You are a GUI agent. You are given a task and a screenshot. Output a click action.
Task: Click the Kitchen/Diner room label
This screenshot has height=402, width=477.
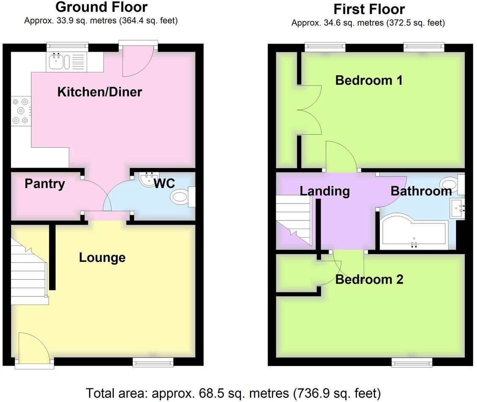pos(100,91)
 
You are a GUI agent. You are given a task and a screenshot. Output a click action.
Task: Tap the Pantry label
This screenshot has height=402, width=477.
pos(45,184)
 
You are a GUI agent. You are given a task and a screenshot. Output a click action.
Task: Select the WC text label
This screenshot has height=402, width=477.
pos(164,183)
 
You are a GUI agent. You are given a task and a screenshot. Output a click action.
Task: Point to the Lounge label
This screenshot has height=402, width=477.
pos(102,257)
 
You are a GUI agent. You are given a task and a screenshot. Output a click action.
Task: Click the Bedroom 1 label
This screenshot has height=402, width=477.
pos(369,80)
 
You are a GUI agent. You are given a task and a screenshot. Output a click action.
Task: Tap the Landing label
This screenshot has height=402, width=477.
pos(325,191)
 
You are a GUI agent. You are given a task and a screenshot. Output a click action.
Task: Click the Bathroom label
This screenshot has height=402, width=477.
pos(421,191)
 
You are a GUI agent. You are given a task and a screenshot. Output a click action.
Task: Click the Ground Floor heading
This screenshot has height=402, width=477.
pos(101,7)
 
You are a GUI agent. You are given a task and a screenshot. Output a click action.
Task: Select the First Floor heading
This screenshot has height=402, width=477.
pos(369,9)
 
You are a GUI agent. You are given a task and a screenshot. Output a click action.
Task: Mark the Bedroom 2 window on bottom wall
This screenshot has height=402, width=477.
pos(411,362)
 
